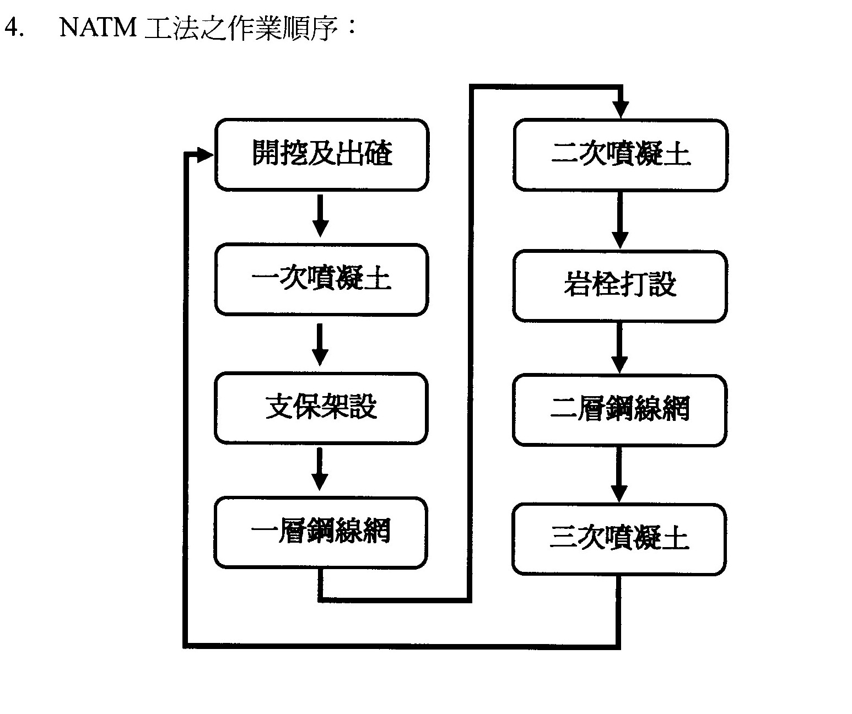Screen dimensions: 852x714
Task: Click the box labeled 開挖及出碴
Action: click(321, 155)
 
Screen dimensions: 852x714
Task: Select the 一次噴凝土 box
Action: click(321, 280)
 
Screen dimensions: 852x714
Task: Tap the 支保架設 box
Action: click(321, 408)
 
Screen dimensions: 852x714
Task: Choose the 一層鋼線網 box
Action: click(320, 532)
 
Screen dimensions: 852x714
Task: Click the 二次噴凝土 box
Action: click(620, 155)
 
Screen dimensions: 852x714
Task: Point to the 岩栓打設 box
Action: click(620, 286)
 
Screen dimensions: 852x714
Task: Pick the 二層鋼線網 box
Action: click(619, 410)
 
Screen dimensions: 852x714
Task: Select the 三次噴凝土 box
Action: click(619, 539)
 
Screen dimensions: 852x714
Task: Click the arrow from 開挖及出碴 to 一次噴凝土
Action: click(320, 216)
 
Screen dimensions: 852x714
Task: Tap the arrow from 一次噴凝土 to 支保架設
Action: click(320, 345)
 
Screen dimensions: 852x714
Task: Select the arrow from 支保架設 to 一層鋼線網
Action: click(320, 469)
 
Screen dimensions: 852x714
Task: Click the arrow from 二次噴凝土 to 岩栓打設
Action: click(620, 220)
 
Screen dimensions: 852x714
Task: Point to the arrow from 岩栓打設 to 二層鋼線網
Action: click(619, 348)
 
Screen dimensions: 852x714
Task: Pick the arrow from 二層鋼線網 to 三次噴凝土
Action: click(619, 474)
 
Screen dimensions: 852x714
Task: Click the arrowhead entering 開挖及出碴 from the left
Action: click(205, 155)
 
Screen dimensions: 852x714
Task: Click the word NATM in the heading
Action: click(98, 28)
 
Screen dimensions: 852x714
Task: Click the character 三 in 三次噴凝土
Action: click(563, 537)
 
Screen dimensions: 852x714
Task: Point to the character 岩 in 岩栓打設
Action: click(578, 284)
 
